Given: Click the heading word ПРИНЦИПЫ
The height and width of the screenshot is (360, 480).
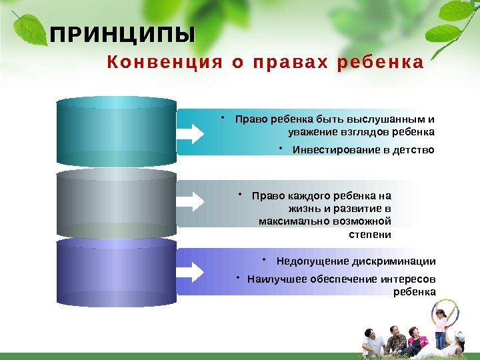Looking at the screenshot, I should click(124, 35).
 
